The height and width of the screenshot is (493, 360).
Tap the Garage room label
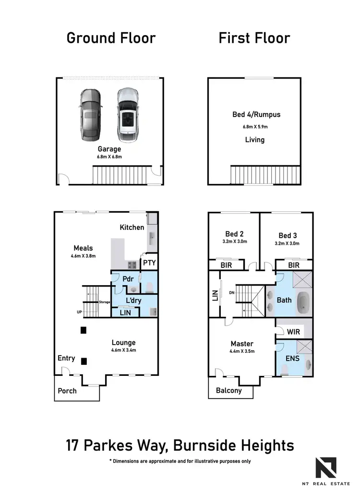click(109, 149)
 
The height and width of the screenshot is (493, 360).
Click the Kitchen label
click(132, 227)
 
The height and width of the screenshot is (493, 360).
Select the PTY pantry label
click(148, 263)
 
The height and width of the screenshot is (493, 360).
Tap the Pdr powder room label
click(128, 278)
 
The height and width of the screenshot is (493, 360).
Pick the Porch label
click(67, 390)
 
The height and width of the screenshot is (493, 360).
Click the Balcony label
click(229, 390)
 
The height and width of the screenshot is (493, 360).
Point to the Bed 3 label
click(288, 235)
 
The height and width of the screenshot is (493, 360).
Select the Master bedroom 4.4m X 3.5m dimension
click(241, 351)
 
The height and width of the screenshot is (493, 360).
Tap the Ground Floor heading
click(111, 38)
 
